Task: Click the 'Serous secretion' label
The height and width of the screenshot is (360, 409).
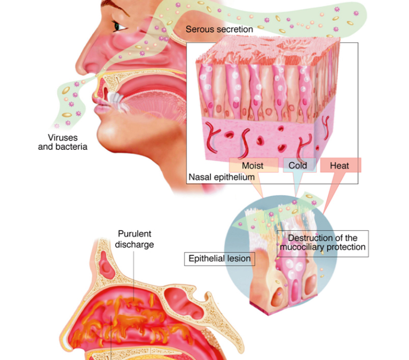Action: pyautogui.click(x=219, y=29)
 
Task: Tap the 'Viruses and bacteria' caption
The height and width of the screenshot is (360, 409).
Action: pyautogui.click(x=62, y=142)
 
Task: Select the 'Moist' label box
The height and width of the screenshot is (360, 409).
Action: pyautogui.click(x=254, y=165)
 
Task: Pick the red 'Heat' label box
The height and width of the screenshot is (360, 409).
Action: pyautogui.click(x=341, y=165)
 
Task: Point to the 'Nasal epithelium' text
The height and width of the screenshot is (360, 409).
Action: pyautogui.click(x=222, y=177)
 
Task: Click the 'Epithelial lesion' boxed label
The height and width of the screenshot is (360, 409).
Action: pyautogui.click(x=219, y=259)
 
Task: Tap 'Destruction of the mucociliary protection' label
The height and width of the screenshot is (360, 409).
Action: pyautogui.click(x=323, y=244)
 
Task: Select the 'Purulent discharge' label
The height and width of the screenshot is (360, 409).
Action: pyautogui.click(x=135, y=239)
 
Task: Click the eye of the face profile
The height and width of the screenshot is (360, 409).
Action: pyautogui.click(x=118, y=26)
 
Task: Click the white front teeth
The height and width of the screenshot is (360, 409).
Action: pyautogui.click(x=115, y=100)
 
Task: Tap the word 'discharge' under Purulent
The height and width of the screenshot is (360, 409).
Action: pyautogui.click(x=135, y=245)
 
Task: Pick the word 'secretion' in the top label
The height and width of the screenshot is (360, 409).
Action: pyautogui.click(x=235, y=29)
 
